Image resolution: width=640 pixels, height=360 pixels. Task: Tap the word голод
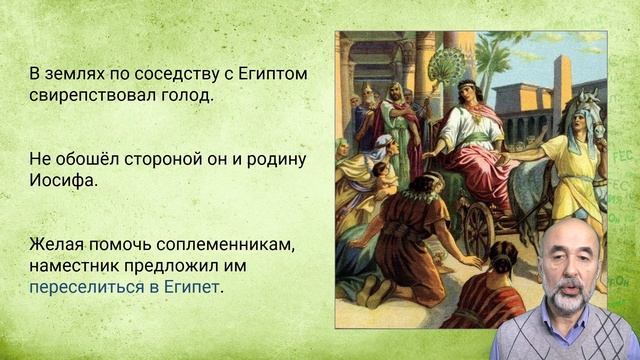tap(187, 98)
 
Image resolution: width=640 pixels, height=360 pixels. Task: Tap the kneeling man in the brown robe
tap(401, 225)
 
